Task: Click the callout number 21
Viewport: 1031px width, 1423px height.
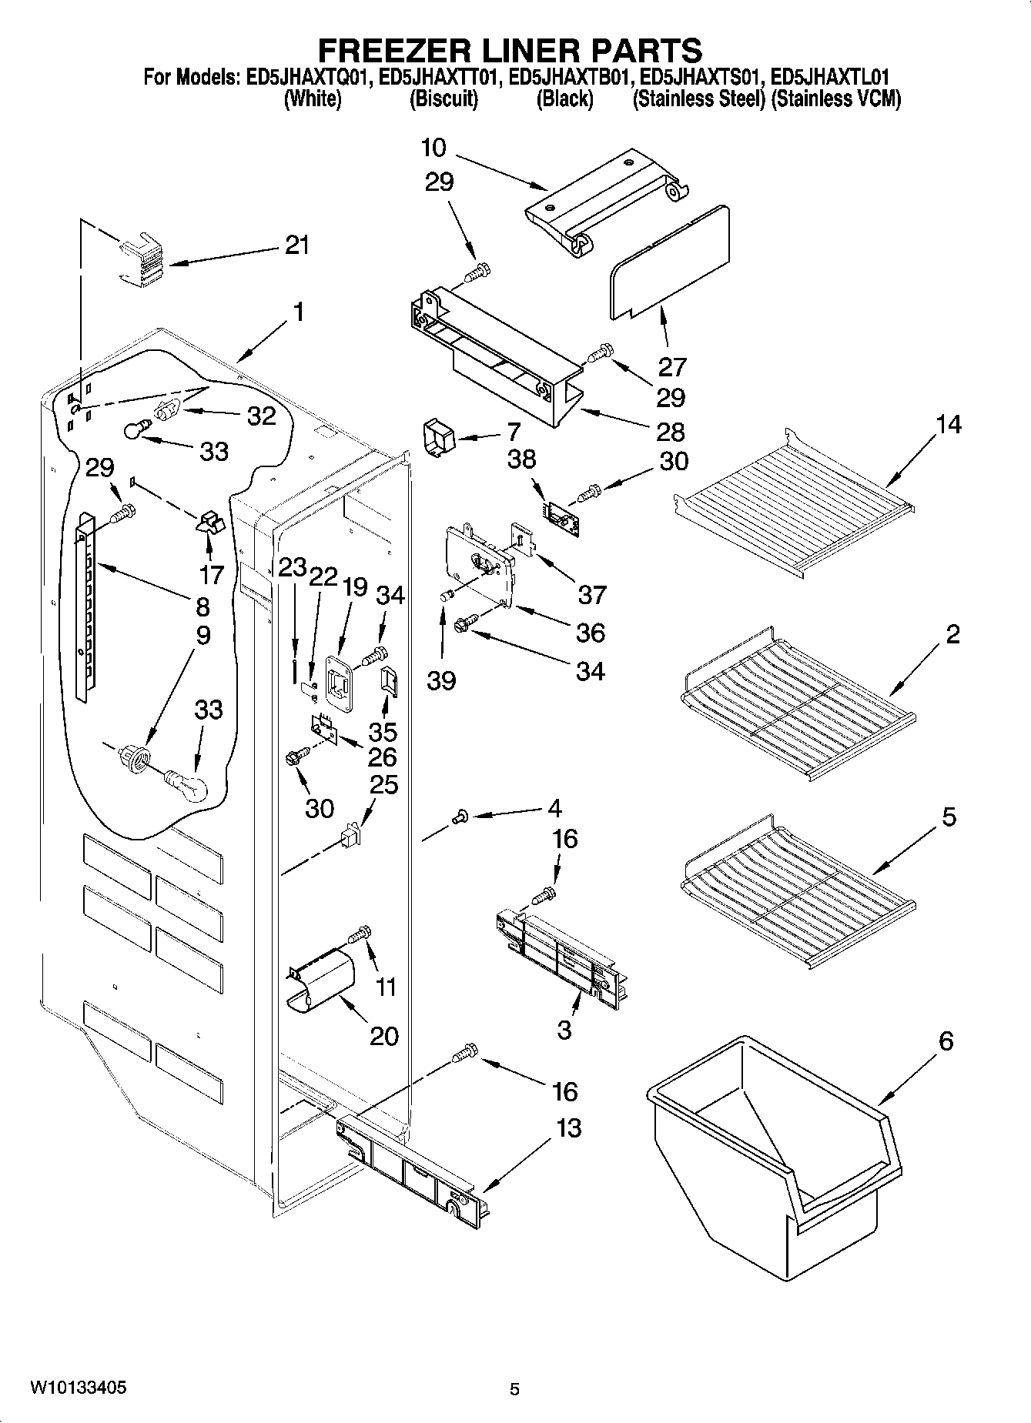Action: point(296,246)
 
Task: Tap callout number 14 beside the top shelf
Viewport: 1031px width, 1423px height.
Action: point(949,425)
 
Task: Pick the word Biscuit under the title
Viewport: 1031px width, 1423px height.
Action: point(444,99)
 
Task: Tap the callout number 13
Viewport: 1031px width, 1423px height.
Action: point(568,1129)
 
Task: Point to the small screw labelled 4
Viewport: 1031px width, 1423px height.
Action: point(460,817)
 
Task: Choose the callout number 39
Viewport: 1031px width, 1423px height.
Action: point(441,680)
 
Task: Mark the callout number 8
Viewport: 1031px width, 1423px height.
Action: point(203,607)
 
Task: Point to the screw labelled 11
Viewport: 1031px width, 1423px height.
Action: point(360,935)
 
